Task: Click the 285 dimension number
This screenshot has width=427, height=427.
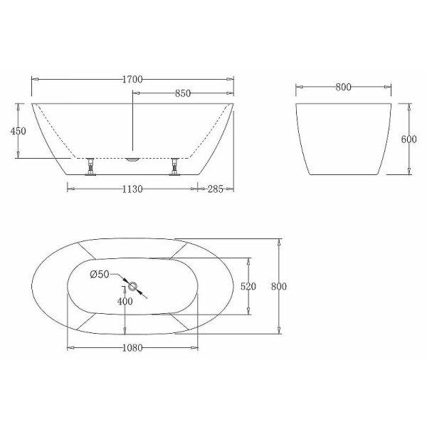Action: (x=216, y=189)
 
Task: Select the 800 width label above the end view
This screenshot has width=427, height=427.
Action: (x=343, y=87)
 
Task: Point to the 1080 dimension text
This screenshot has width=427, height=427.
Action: (x=133, y=348)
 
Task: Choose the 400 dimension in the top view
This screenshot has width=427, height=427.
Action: (x=125, y=301)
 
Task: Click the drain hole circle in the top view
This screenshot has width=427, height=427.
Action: (x=132, y=286)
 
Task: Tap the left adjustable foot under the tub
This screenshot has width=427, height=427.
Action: (x=90, y=167)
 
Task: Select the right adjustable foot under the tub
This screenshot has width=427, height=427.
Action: (x=174, y=167)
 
